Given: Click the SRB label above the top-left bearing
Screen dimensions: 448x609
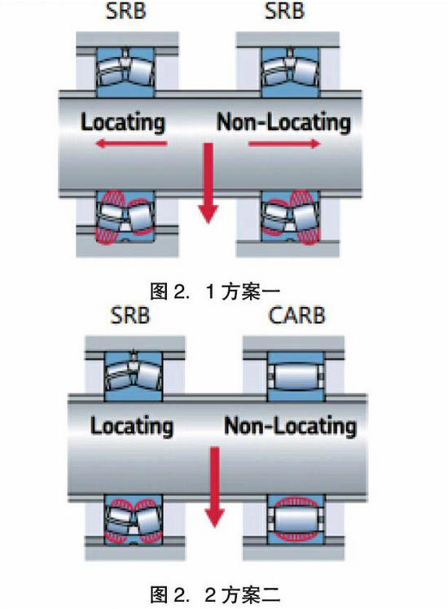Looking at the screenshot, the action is (126, 11).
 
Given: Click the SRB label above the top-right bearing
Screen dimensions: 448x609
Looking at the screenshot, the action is (284, 11).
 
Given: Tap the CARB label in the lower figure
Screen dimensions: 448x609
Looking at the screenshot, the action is (296, 315).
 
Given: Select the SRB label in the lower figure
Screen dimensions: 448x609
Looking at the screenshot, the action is (130, 315).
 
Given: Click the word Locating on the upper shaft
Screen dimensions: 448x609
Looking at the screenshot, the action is (123, 122).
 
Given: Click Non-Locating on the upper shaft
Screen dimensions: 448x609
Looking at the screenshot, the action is (283, 122).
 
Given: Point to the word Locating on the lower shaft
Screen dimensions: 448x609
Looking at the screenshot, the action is (132, 426).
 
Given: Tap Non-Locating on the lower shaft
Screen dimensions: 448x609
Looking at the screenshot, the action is (290, 426).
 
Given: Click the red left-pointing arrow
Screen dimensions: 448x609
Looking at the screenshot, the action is (131, 144).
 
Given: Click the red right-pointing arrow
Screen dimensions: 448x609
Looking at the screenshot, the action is (284, 144).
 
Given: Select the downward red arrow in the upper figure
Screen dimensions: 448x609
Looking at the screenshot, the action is (209, 182).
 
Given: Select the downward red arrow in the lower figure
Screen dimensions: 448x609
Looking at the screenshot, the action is (215, 487).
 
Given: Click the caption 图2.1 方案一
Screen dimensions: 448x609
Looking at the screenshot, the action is (215, 291).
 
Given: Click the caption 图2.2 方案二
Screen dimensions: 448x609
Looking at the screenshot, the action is (215, 594).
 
